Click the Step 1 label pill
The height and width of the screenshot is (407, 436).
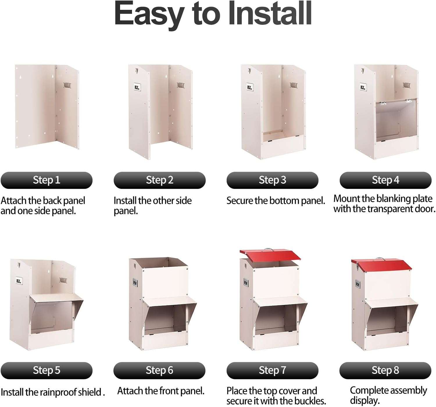click(47, 180)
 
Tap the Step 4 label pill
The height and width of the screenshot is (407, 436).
click(385, 180)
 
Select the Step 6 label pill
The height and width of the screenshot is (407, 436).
click(159, 370)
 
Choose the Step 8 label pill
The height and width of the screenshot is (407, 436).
click(385, 370)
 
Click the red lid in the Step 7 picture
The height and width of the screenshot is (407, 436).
click(270, 255)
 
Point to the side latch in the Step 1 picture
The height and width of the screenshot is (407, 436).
click(67, 85)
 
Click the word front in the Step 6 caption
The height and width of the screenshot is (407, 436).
click(169, 391)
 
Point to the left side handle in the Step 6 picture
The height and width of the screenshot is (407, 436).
click(135, 283)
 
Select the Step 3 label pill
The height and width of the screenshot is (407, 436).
click(272, 180)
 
